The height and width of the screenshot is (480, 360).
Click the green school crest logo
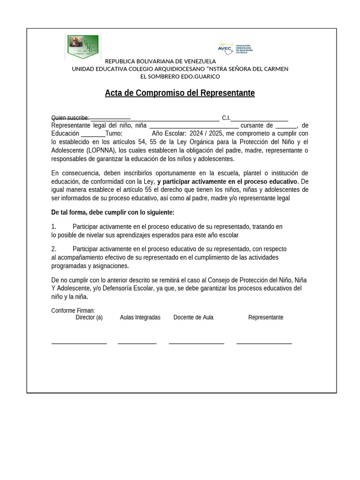[83, 46]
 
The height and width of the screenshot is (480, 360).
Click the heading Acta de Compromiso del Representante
[180, 93]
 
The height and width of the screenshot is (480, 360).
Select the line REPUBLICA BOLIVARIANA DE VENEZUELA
[160, 61]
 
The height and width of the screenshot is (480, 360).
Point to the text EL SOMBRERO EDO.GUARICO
[180, 76]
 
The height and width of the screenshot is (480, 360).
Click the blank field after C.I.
[259, 118]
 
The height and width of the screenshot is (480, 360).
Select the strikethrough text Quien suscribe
[70, 118]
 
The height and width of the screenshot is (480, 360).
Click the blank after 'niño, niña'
[194, 126]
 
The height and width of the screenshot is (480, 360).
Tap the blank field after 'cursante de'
[286, 126]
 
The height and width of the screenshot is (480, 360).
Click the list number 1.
[53, 227]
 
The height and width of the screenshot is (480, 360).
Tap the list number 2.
[53, 249]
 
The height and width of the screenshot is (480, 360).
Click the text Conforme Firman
[73, 310]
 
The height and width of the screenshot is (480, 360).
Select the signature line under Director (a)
[79, 344]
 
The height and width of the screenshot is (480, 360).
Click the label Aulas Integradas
[140, 317]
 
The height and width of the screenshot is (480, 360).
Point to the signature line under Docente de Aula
[196, 344]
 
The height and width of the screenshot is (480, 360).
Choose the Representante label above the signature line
[266, 317]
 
